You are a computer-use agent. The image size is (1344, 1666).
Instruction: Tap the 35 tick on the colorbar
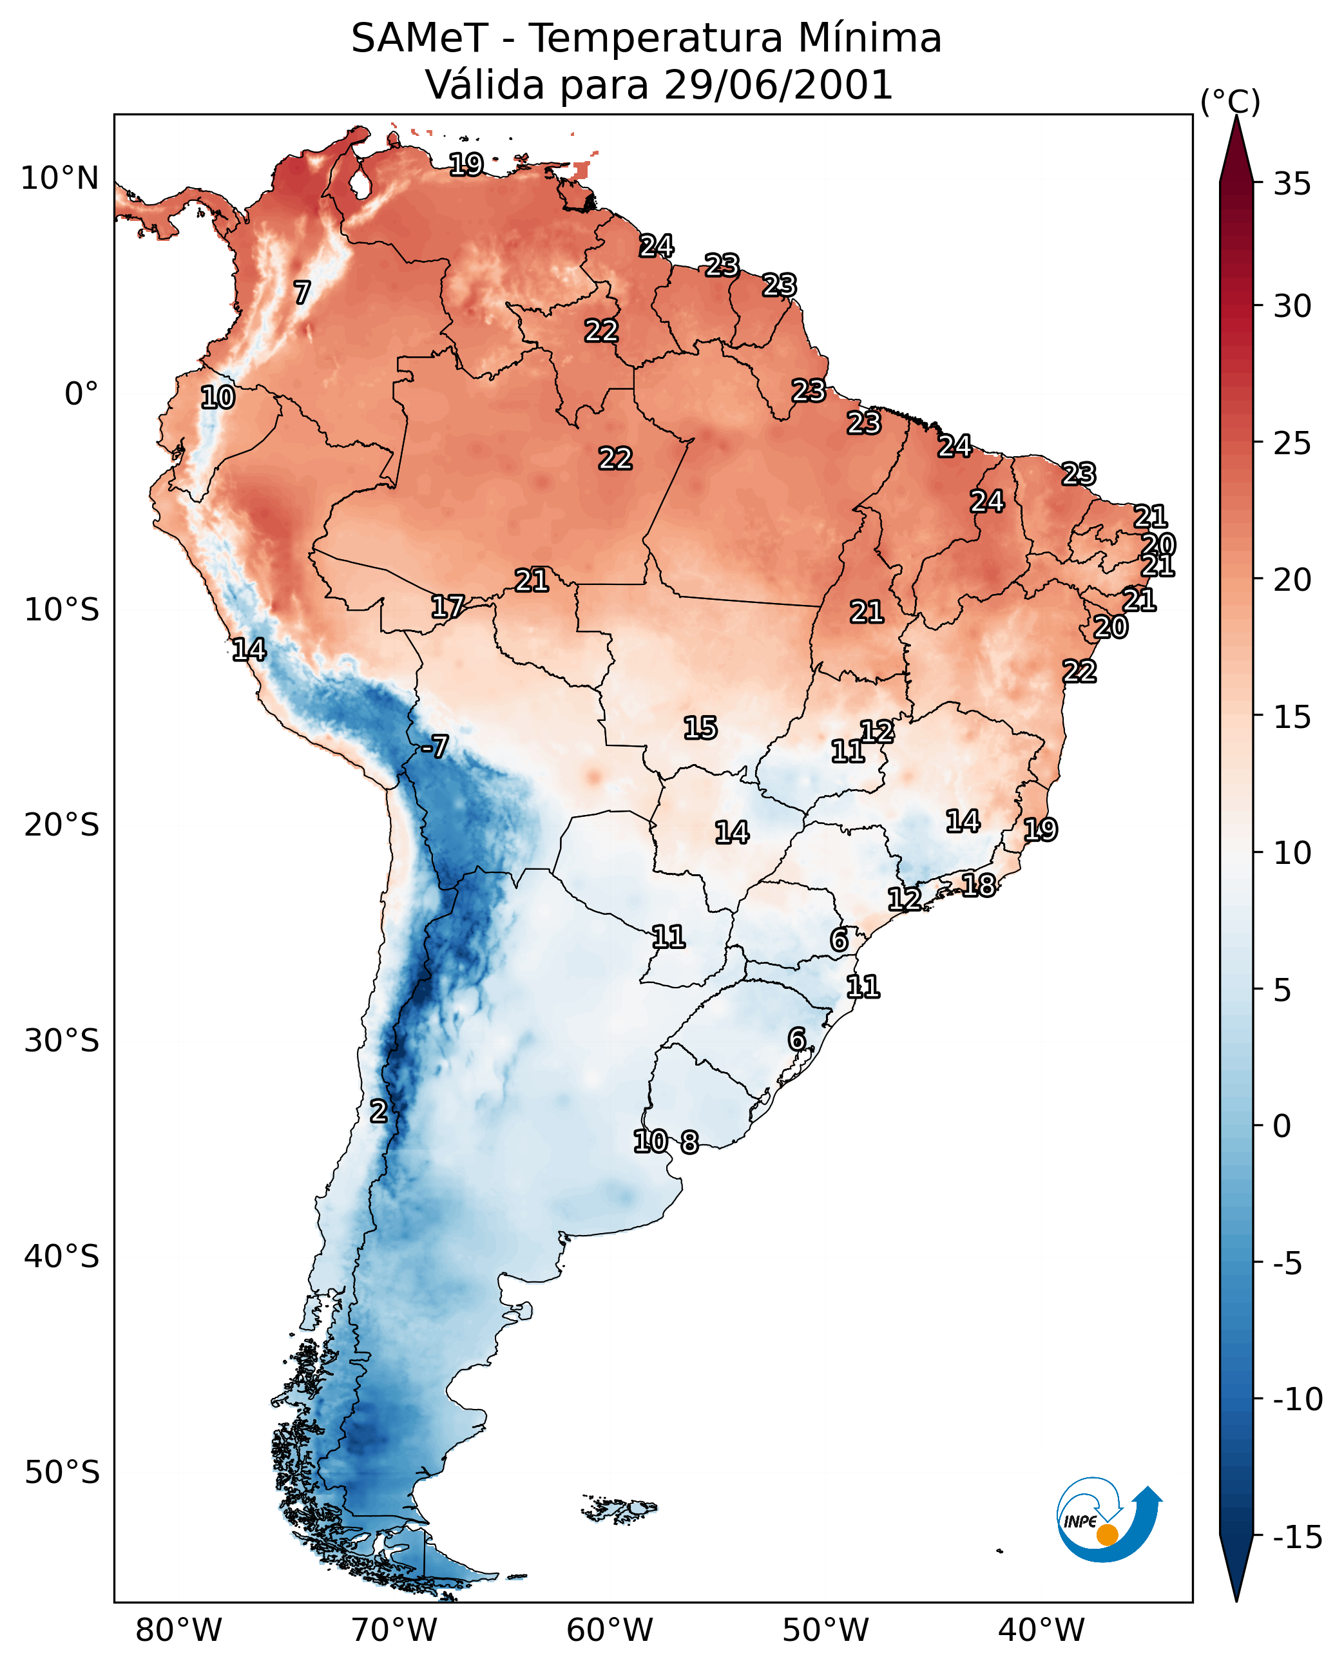click(1292, 184)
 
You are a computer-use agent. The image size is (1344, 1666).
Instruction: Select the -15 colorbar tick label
click(1297, 1537)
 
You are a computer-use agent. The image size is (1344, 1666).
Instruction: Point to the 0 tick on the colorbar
click(1282, 1125)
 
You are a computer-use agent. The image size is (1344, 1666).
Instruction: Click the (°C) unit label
click(1230, 101)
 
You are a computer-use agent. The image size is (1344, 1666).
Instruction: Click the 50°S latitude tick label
click(62, 1471)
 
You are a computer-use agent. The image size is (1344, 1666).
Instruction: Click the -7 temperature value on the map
click(434, 746)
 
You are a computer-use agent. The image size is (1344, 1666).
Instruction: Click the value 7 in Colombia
click(302, 292)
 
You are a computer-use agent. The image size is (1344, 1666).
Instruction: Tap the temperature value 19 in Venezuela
click(467, 164)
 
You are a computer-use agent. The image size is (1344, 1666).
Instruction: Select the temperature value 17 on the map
click(448, 607)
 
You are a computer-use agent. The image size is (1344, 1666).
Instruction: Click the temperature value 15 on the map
click(700, 728)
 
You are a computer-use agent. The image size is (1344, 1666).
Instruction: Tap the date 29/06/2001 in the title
click(779, 84)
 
